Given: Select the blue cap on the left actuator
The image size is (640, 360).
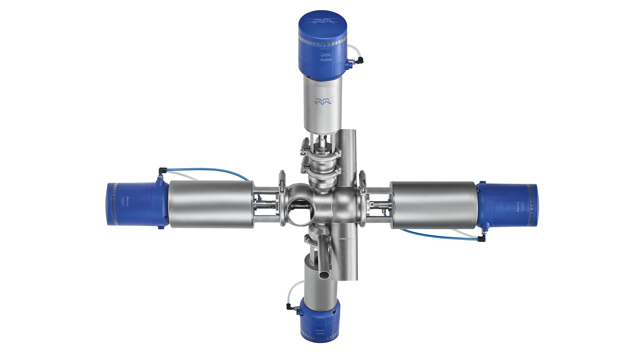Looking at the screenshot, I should click(x=132, y=203).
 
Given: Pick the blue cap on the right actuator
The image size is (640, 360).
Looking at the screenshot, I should click(x=511, y=205).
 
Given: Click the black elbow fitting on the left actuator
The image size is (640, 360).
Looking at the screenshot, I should click(x=160, y=176).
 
